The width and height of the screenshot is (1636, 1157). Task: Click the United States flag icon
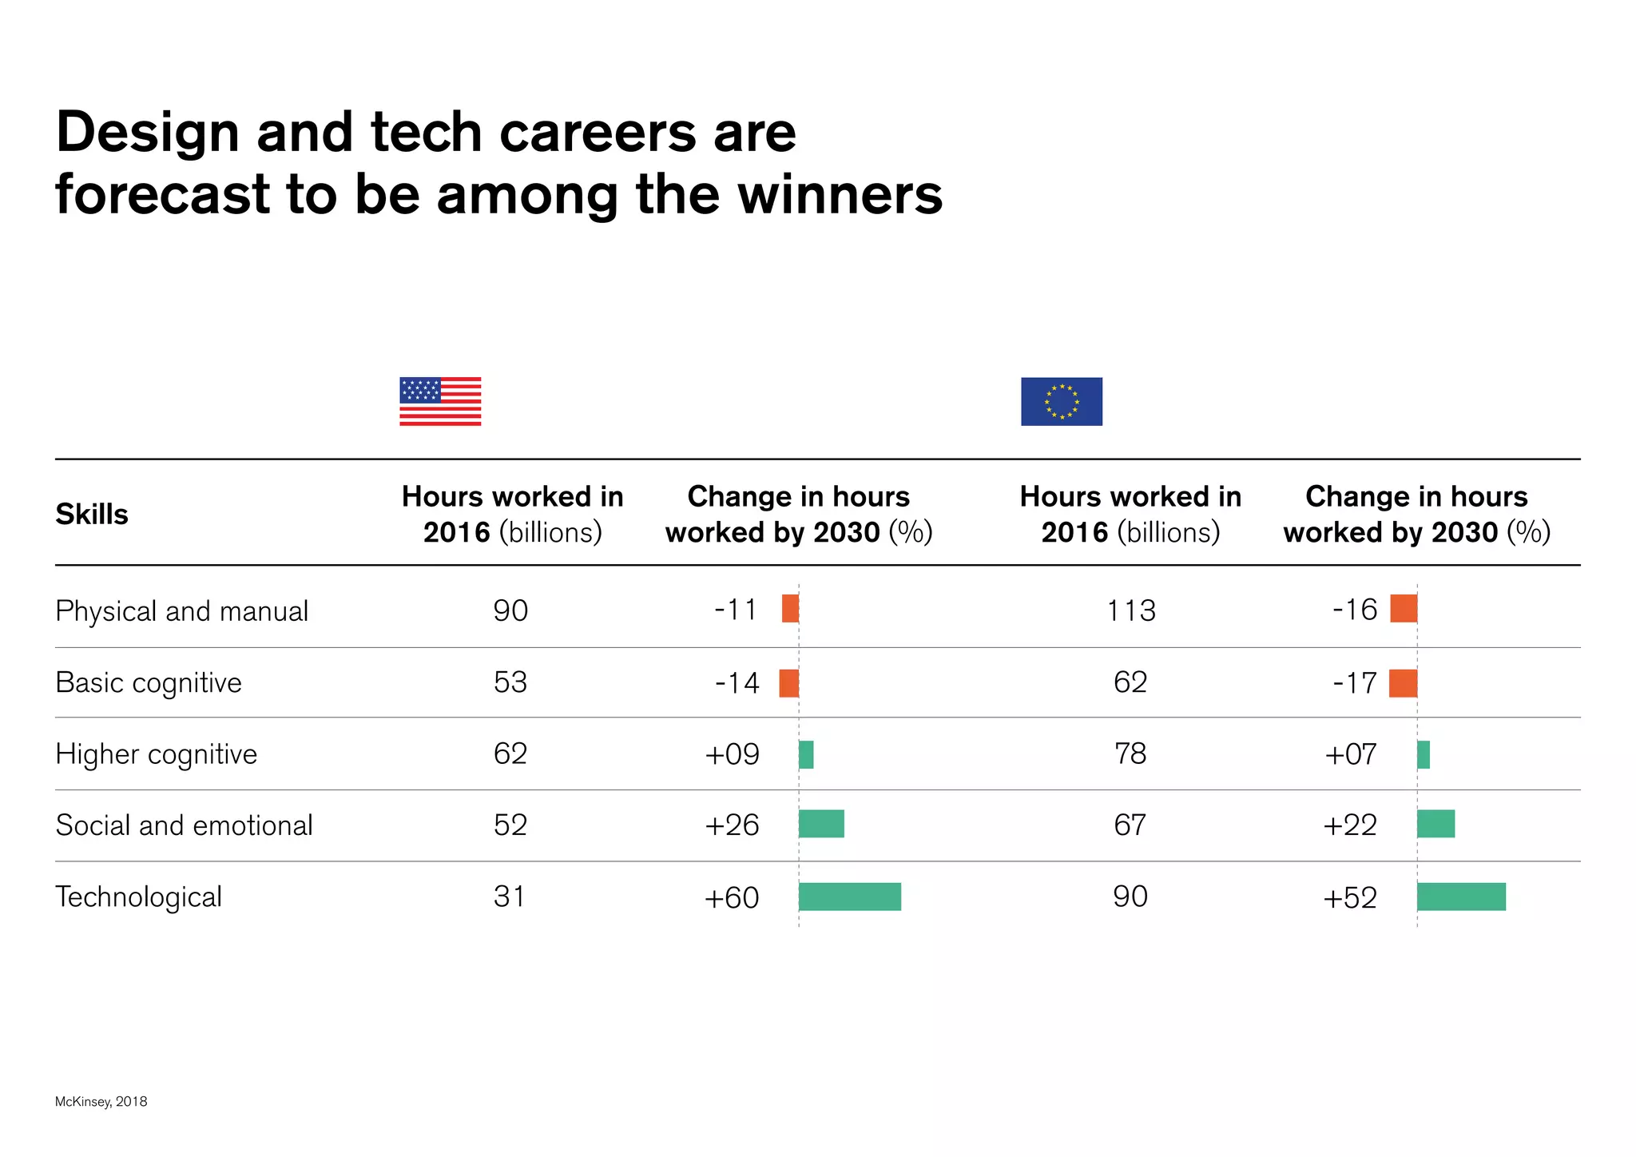point(440,401)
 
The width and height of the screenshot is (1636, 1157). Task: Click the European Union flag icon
point(1061,401)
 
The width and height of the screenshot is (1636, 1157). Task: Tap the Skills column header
point(92,514)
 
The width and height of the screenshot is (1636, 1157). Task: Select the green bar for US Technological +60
point(849,897)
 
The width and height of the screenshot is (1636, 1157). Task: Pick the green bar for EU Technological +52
point(1461,897)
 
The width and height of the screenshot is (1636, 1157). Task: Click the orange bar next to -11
point(790,608)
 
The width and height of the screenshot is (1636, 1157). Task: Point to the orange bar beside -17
point(1403,683)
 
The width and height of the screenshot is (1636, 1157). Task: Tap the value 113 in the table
point(1130,610)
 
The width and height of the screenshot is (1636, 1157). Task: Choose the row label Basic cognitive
point(149,683)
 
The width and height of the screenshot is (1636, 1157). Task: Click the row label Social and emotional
point(184,825)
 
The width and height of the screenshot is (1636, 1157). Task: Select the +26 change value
point(732,825)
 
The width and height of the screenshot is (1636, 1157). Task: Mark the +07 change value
point(1350,754)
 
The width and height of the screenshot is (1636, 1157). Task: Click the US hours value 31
point(510,897)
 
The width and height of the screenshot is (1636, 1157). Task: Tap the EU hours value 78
point(1130,753)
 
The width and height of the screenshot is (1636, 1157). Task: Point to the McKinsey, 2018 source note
point(101,1101)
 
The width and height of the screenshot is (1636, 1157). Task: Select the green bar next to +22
point(1435,824)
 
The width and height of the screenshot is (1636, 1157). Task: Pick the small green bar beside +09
point(806,754)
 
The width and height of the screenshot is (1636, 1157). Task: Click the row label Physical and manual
point(181,611)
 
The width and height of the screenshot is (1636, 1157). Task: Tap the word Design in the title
point(148,132)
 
